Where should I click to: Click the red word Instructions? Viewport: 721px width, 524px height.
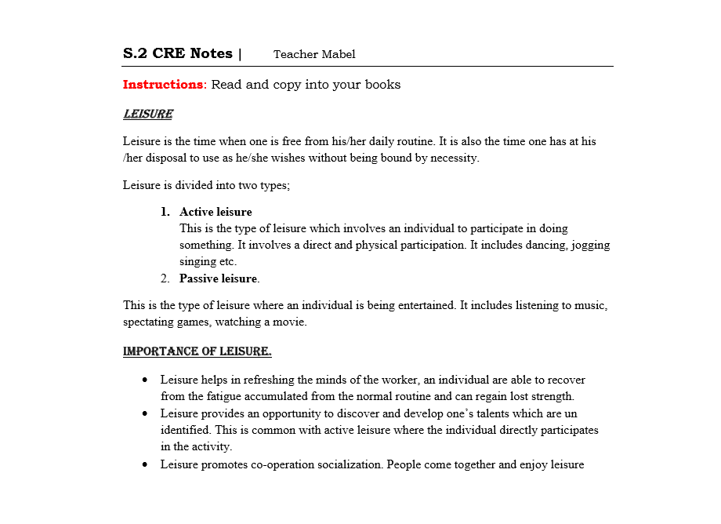point(162,85)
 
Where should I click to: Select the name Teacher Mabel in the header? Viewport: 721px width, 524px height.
point(314,54)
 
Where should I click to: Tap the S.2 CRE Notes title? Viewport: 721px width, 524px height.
point(178,53)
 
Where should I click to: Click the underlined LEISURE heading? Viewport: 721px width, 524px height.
point(148,115)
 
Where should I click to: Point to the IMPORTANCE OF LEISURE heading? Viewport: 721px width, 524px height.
point(197,351)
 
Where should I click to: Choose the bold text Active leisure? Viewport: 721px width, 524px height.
point(216,212)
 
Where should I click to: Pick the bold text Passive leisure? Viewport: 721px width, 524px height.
point(219,278)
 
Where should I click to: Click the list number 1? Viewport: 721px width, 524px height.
point(165,212)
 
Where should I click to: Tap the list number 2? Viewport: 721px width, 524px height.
point(165,278)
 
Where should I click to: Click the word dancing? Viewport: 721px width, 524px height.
point(543,245)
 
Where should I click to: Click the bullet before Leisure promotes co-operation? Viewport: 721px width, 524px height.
point(146,464)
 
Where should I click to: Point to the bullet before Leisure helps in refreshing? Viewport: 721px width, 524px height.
point(146,380)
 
